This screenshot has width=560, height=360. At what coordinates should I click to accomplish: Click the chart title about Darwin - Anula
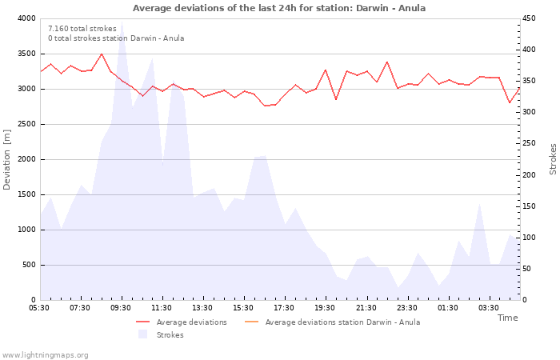point(279,8)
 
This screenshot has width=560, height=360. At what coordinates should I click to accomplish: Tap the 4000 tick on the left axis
point(26,18)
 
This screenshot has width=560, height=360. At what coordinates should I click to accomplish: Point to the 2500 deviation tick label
point(26,124)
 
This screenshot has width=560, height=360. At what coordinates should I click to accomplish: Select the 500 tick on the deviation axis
point(29,265)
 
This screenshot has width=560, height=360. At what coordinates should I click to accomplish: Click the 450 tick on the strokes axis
point(530,18)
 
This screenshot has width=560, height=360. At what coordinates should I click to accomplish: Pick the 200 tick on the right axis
point(530,174)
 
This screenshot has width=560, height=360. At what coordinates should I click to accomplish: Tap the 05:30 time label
point(39,308)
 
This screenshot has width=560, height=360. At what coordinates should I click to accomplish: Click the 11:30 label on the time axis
point(162,308)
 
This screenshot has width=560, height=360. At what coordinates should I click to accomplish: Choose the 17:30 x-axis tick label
point(285,308)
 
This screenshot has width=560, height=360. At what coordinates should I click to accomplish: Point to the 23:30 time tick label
point(407,308)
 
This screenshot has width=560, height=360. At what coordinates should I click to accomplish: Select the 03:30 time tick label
point(489,308)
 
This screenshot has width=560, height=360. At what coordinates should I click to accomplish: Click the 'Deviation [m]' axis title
point(7,158)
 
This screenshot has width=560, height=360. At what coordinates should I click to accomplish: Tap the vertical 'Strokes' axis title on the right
point(553,158)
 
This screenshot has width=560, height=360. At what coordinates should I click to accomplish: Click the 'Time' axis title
point(507,318)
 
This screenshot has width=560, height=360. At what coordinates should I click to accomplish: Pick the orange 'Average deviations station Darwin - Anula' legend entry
point(342,322)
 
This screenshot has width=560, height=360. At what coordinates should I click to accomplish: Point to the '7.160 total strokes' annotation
point(82,29)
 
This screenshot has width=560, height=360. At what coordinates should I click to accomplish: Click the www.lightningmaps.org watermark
point(45,354)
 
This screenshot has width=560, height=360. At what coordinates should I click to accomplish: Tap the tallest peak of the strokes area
point(122,26)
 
